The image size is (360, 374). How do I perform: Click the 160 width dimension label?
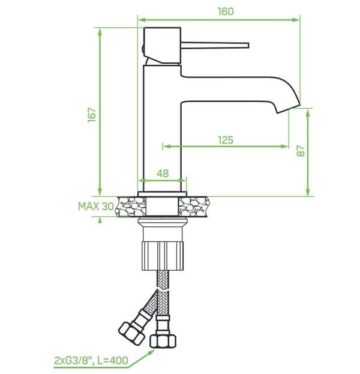pos(226,11)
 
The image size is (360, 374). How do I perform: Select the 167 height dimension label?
pos(92,115)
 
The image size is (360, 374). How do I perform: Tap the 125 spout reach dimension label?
pos(226,140)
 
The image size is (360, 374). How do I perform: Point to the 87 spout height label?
pos(301,151)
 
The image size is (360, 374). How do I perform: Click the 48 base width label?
pos(163,173)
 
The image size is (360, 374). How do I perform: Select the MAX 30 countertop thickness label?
pos(96,207)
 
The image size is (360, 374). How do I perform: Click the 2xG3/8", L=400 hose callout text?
pos(91,360)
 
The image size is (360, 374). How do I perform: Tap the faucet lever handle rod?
pos(215,45)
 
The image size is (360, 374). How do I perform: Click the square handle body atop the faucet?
pos(163,46)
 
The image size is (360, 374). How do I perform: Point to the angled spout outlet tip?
pos(289,109)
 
